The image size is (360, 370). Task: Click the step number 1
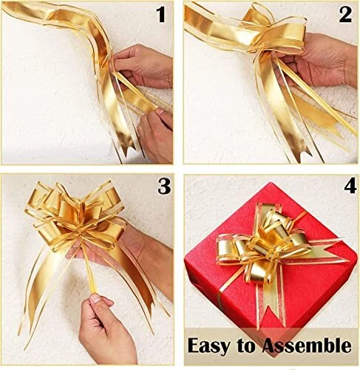pos(161,15)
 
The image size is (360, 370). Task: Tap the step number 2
pos(345,15)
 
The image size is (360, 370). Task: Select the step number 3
pos(164,186)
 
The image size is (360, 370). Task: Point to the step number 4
pos(350,186)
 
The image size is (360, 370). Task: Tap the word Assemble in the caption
pos(307,345)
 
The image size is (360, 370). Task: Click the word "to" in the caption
pos(245,346)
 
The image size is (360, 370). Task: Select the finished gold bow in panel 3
pos(74,217)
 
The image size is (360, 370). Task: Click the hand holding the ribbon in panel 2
pos(320,59)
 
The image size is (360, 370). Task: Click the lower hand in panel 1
pos(155,135)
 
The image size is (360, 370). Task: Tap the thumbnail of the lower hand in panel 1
pos(160,112)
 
